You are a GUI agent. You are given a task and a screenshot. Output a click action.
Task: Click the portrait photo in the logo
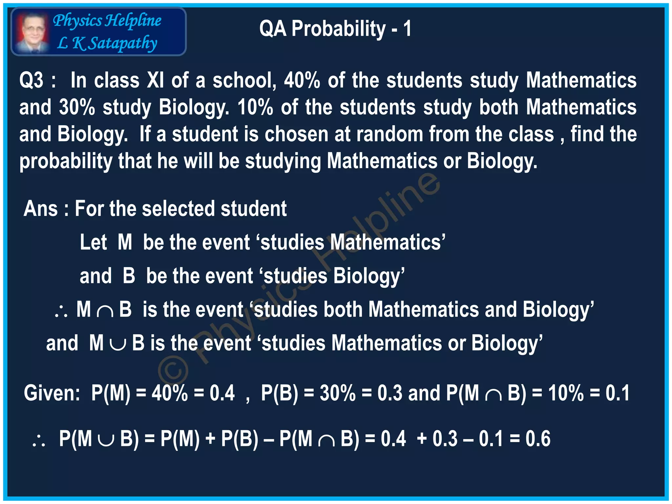coord(32,32)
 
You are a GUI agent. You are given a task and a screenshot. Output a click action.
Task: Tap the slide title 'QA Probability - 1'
coord(335,29)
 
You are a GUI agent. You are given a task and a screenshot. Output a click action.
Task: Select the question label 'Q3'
coord(31,80)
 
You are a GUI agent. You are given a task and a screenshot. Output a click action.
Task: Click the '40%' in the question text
coord(302,80)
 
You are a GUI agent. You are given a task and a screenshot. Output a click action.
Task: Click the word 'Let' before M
coord(93,242)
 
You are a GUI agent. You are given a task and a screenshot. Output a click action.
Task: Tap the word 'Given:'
coord(52,393)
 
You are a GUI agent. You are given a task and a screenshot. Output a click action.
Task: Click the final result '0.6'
coord(538,439)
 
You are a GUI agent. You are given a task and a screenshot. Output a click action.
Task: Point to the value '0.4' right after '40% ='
coord(222,393)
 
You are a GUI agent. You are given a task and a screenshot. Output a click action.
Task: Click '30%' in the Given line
coord(338,393)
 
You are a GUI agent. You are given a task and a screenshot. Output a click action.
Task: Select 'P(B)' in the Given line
coord(280,393)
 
